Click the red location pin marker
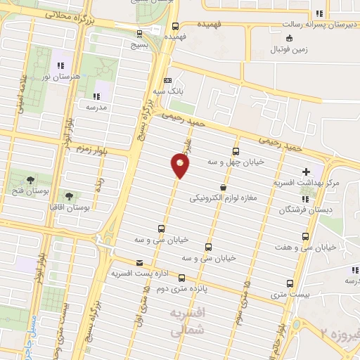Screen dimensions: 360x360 [180, 166]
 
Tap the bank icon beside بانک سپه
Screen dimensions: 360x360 [167, 80]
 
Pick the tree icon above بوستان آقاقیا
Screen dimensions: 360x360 [70, 197]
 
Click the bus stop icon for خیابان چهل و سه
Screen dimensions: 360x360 [235, 151]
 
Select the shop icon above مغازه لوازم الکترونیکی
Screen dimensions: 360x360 [224, 187]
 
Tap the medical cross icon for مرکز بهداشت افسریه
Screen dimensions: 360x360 [306, 172]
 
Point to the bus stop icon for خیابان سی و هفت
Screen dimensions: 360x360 [305, 236]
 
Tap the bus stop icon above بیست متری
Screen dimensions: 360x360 [290, 284]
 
